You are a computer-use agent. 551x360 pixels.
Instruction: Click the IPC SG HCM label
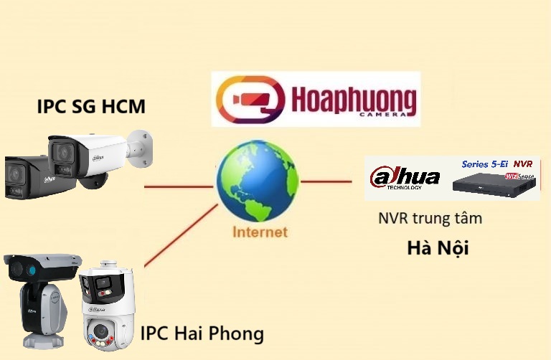point(91,108)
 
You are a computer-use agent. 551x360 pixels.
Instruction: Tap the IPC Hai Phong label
point(202,333)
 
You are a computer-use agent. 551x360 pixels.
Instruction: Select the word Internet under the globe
point(259,232)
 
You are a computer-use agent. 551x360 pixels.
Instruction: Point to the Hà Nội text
point(438,248)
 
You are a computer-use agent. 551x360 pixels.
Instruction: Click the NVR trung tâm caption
point(430,218)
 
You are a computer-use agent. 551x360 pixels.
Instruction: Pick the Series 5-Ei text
point(486,164)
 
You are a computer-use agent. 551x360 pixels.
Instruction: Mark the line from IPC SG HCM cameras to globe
point(179,186)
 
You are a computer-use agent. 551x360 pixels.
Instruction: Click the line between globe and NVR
point(331,181)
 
